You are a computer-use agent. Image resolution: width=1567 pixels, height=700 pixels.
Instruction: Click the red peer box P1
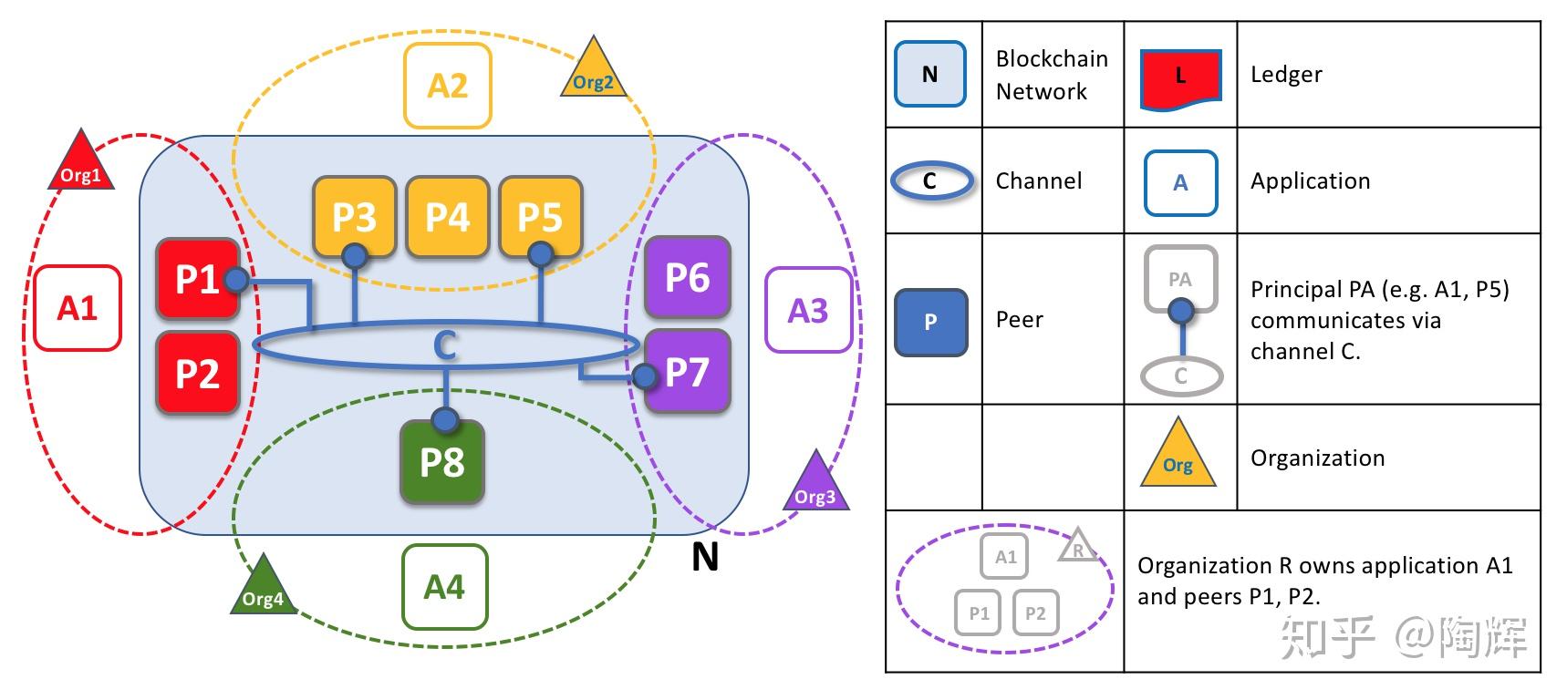tap(196, 279)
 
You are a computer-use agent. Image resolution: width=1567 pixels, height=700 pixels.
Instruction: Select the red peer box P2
tap(198, 374)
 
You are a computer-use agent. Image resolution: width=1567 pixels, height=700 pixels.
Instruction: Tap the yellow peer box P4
tap(447, 217)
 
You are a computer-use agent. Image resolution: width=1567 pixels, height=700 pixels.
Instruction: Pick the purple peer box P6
tap(687, 277)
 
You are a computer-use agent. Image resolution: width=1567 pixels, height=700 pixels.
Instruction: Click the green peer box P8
tap(442, 462)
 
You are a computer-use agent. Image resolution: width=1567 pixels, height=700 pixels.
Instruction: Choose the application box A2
tap(447, 85)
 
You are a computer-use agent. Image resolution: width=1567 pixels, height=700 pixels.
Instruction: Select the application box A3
tap(808, 310)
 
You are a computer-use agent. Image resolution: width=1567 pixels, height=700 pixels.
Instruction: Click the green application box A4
tap(444, 586)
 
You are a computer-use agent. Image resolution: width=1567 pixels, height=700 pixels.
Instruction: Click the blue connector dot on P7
tap(644, 376)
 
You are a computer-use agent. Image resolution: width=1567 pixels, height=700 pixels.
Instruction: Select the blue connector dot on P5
tap(541, 253)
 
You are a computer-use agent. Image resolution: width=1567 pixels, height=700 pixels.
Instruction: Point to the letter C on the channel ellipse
tap(444, 345)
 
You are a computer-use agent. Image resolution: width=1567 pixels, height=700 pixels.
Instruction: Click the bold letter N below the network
tap(704, 557)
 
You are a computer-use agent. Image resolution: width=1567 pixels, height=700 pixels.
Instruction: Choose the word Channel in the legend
tap(1038, 180)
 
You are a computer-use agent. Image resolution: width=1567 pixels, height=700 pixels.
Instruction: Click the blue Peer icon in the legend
tap(930, 322)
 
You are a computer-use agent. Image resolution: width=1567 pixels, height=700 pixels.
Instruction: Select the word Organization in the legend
tap(1317, 458)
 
